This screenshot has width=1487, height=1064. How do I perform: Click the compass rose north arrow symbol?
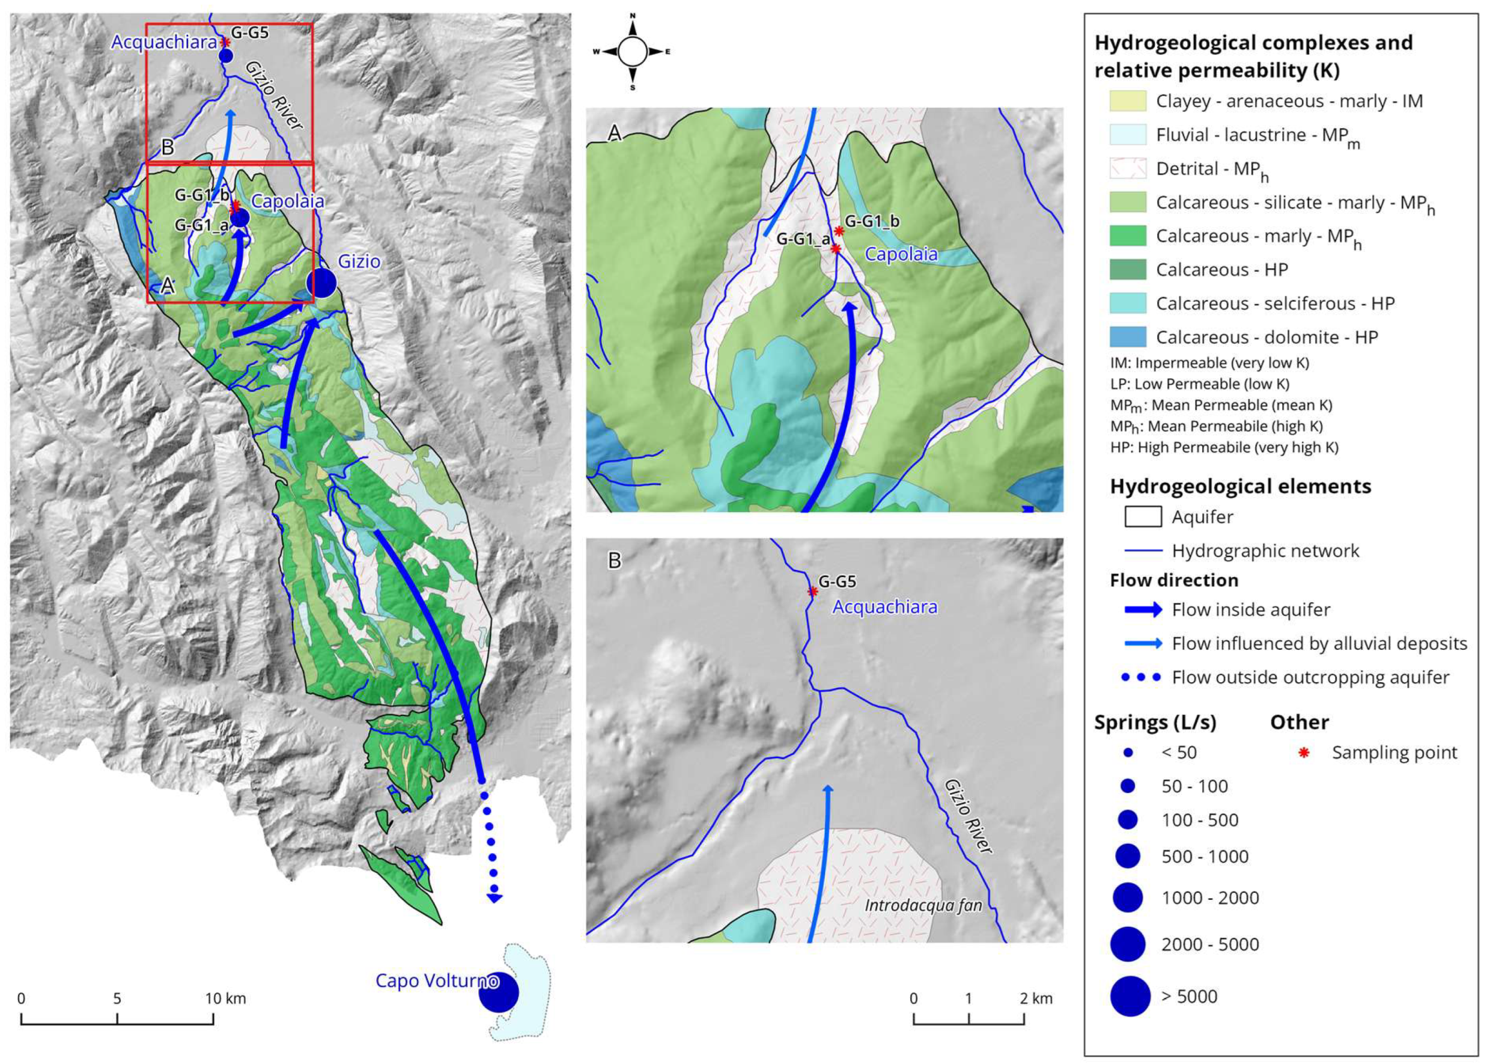[633, 29]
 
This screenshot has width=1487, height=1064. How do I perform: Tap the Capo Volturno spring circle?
[498, 992]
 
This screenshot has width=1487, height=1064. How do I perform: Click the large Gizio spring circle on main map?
[321, 283]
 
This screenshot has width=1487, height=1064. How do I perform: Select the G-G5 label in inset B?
[837, 581]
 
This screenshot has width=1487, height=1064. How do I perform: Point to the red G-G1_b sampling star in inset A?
[839, 231]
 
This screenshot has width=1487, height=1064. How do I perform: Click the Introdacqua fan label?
[923, 905]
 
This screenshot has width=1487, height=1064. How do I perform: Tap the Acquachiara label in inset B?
[884, 607]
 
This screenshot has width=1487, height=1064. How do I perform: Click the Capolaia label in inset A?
[901, 254]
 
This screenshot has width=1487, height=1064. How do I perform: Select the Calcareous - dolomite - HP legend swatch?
[1128, 337]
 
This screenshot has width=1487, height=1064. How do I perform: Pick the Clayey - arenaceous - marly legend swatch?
[1128, 101]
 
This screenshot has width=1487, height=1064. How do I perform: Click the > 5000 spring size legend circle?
[1130, 996]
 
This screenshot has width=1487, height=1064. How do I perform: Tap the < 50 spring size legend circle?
[1128, 753]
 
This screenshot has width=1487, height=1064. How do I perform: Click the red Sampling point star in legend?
[1304, 753]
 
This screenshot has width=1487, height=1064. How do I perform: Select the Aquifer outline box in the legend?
[1143, 517]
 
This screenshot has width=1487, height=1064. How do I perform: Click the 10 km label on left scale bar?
[225, 998]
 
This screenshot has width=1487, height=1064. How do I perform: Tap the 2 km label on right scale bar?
[1036, 998]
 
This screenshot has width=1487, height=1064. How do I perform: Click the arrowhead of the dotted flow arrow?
[494, 898]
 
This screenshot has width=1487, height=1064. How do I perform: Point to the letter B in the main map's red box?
[168, 147]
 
